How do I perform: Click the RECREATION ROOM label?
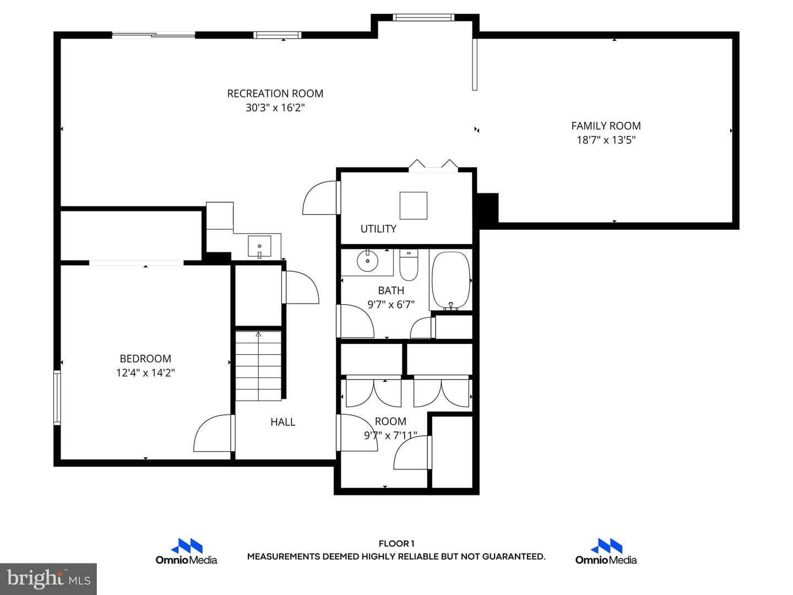tap(275, 94)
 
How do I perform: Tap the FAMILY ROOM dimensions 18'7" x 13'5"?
tap(606, 140)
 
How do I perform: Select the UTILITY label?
tap(378, 229)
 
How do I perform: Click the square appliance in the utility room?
tap(414, 205)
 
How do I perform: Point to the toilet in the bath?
tap(409, 265)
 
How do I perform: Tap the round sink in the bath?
tap(367, 261)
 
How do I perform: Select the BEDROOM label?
tap(145, 359)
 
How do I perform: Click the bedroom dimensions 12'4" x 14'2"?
tap(145, 373)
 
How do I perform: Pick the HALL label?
tap(283, 422)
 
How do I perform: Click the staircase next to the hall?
tap(258, 366)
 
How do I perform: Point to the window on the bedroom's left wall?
tap(57, 397)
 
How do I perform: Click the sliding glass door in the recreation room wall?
tap(154, 35)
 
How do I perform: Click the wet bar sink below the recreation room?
tap(259, 246)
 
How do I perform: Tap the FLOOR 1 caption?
tap(397, 544)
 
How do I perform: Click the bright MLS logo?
tap(48, 579)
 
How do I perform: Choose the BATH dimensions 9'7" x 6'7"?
tap(391, 305)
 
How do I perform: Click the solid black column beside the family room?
tap(488, 208)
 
